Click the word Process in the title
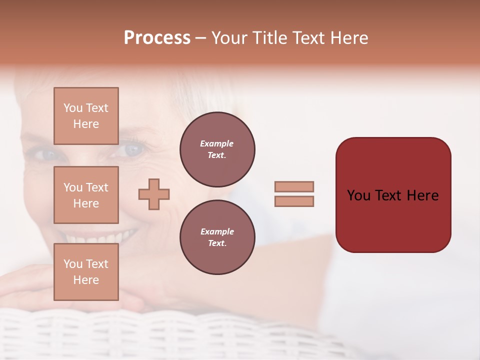[157, 38]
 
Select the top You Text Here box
[86, 116]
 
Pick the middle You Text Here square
[86, 195]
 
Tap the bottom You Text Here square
[86, 271]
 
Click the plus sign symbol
[154, 194]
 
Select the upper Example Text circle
[217, 149]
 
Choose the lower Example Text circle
[217, 237]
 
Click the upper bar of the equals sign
[294, 187]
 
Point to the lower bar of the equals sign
[294, 201]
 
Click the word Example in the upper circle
[217, 143]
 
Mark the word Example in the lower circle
[217, 231]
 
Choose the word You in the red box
[358, 195]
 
